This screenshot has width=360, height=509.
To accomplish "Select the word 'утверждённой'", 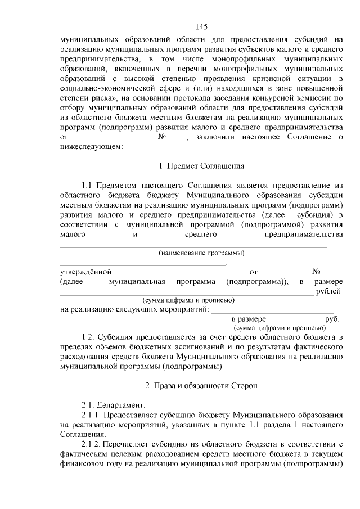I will point(86,272).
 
